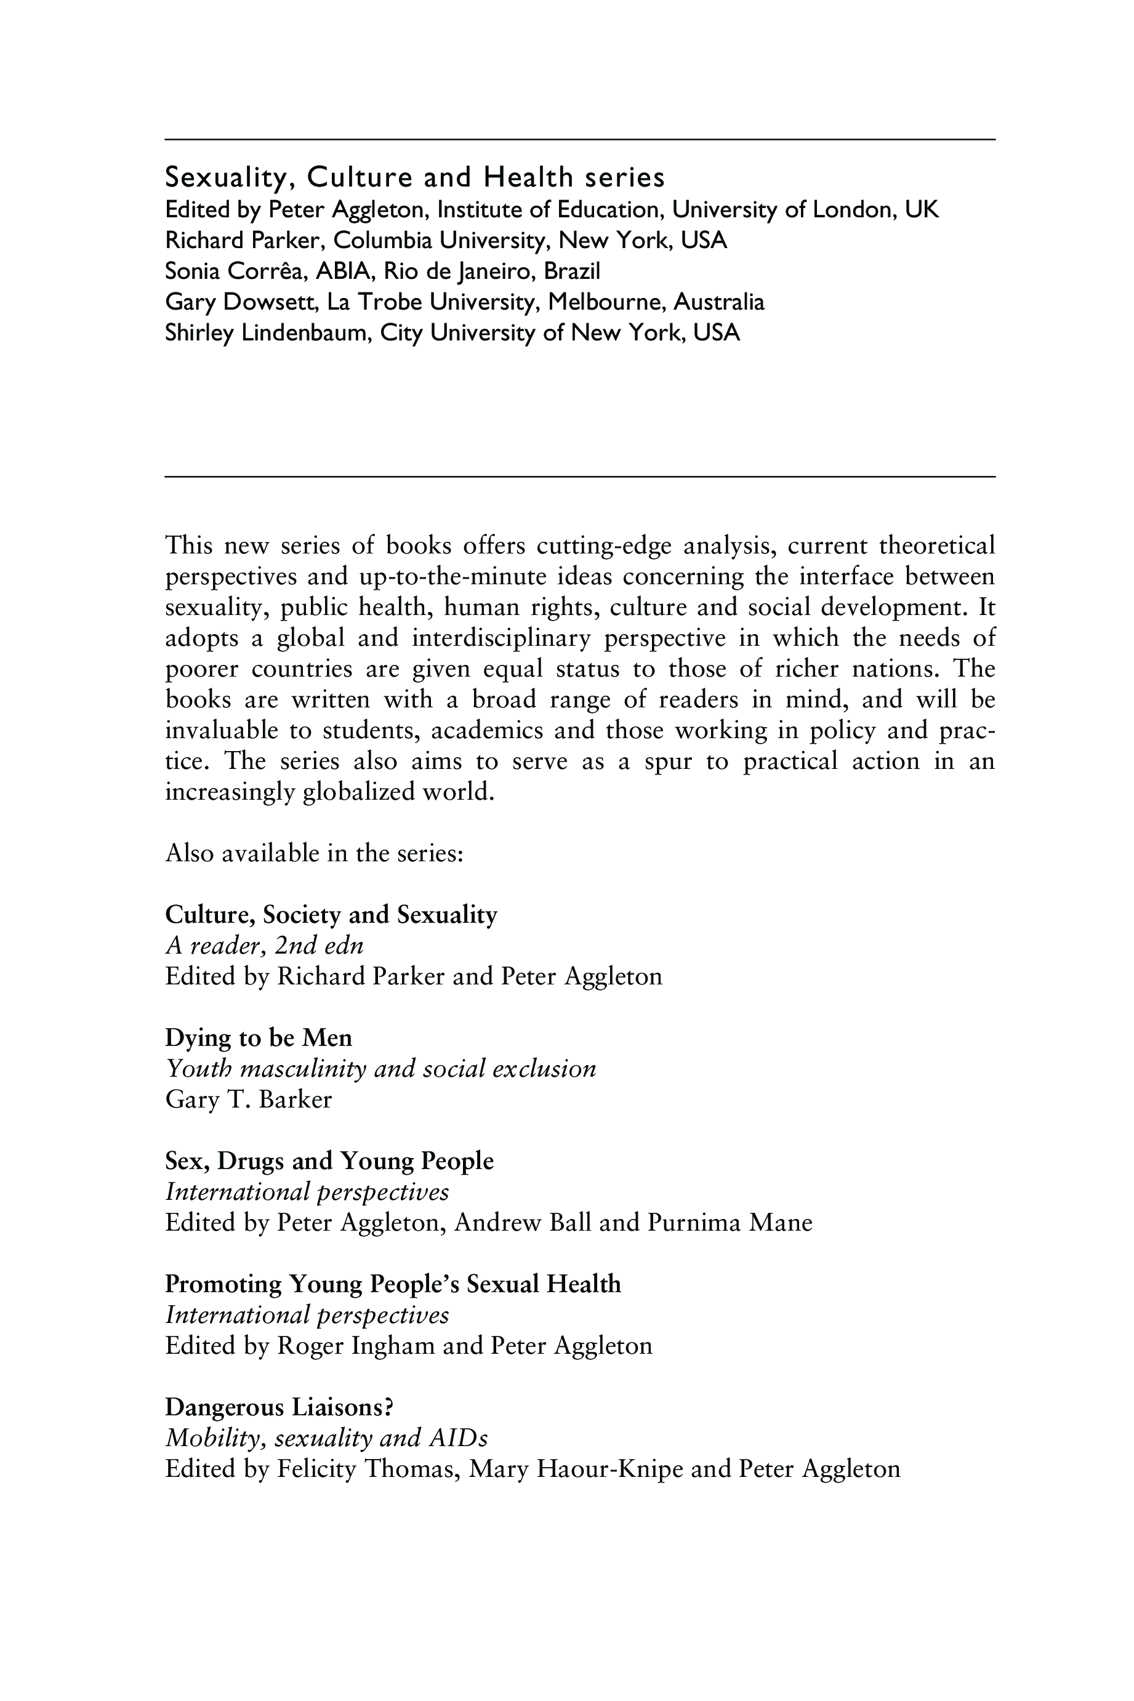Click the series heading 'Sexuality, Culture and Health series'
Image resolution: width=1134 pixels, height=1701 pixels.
[x=415, y=177]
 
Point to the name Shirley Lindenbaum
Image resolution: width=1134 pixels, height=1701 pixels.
[x=268, y=332]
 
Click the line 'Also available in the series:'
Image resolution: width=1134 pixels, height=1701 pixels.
[x=314, y=853]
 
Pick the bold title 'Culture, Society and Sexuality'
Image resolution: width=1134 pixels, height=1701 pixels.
[x=331, y=915]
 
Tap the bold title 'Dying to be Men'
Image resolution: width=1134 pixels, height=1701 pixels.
[x=258, y=1038]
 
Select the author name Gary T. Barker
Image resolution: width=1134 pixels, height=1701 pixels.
[x=248, y=1100]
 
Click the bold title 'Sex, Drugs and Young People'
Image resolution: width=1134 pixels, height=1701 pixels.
[x=329, y=1160]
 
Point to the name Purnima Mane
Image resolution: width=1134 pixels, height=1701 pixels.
[x=730, y=1222]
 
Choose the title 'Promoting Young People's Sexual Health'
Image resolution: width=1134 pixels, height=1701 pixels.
[x=393, y=1284]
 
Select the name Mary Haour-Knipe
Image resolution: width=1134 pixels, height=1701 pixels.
[x=576, y=1468]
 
